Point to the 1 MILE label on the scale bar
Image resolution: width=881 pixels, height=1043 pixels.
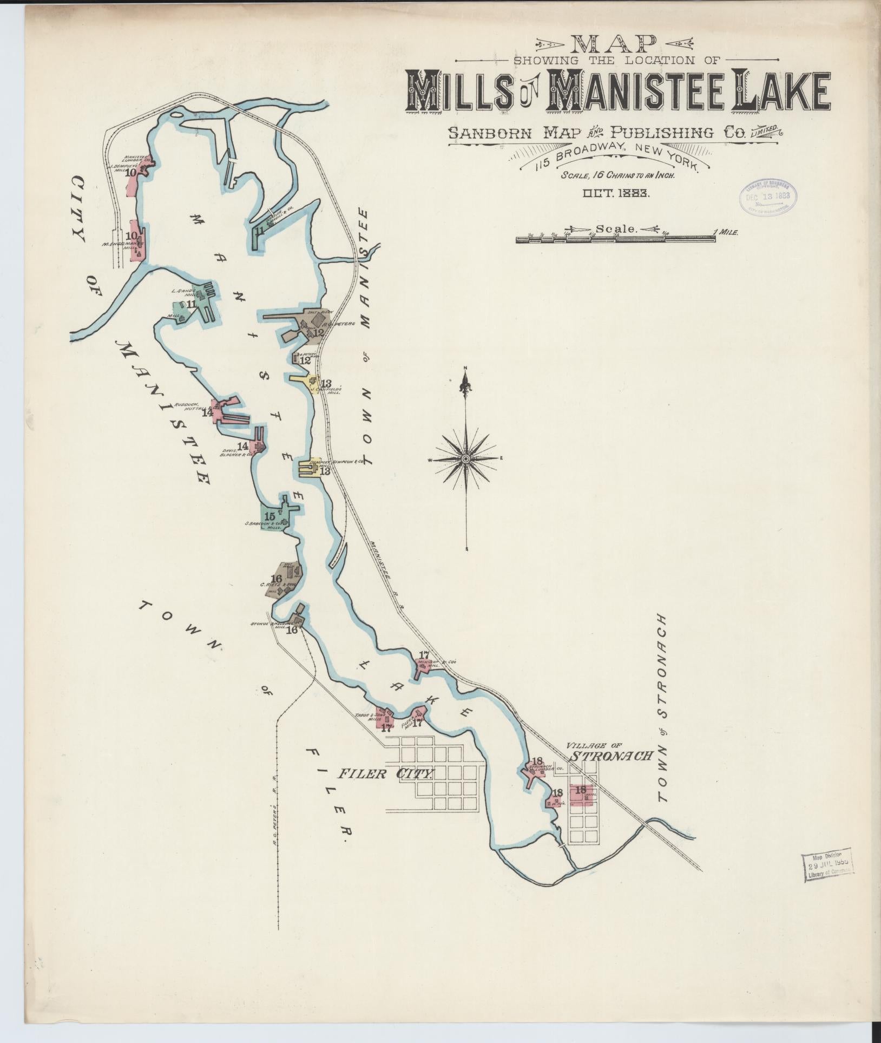pos(726,232)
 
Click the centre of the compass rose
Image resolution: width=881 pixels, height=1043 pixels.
pos(465,459)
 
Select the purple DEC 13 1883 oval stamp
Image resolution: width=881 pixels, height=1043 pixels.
pos(768,197)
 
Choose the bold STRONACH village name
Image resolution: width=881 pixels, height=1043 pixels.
pos(612,756)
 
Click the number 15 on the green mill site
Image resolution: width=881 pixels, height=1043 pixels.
pos(269,516)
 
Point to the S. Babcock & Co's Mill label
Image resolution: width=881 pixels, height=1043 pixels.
pos(265,525)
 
